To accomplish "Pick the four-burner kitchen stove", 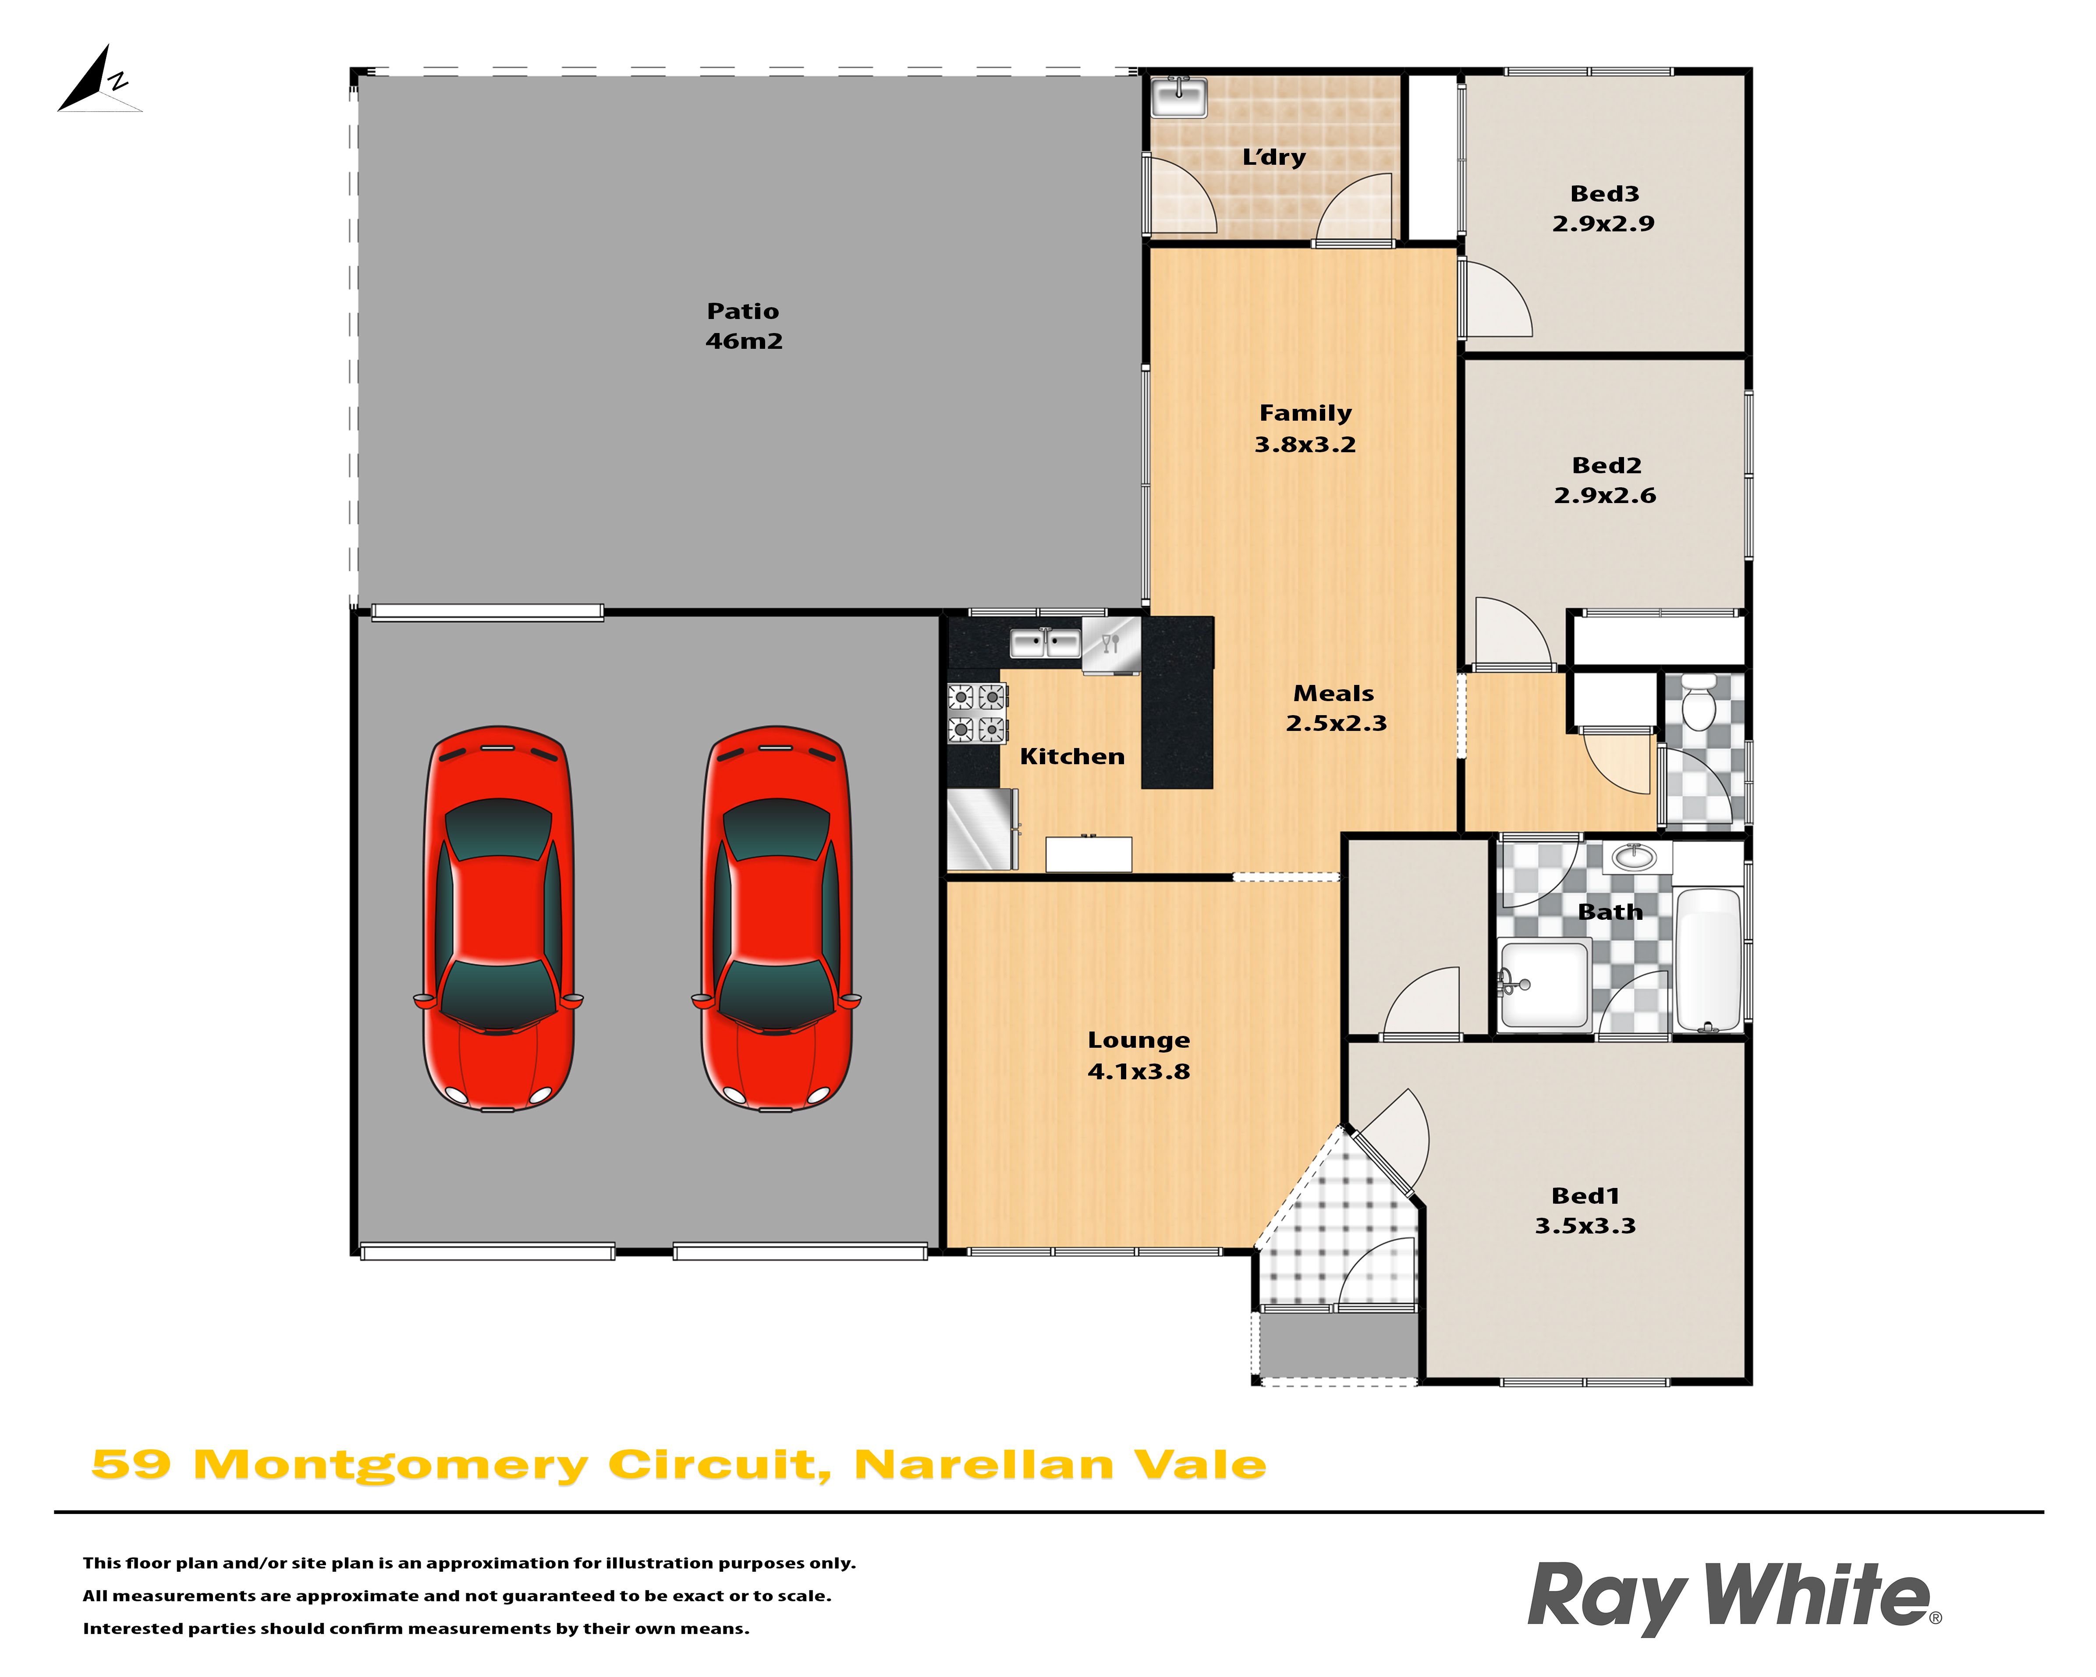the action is [976, 713].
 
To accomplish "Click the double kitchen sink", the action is [1045, 642].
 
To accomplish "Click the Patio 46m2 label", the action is [744, 326].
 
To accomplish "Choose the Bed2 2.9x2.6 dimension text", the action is [1605, 495].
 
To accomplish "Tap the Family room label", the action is [1305, 413].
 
